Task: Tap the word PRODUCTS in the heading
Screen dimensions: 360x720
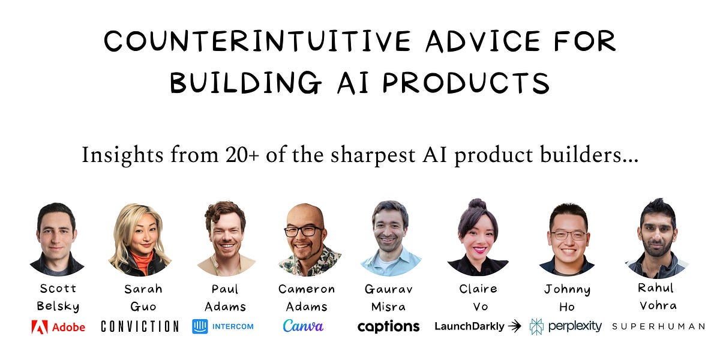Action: pyautogui.click(x=466, y=82)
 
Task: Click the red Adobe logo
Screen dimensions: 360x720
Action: pyautogui.click(x=58, y=327)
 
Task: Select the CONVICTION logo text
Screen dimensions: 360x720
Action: pyautogui.click(x=140, y=326)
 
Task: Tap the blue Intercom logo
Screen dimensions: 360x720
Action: pyautogui.click(x=223, y=326)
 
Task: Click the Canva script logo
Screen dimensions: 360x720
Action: pyautogui.click(x=303, y=326)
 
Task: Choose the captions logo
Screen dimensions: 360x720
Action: pyautogui.click(x=388, y=326)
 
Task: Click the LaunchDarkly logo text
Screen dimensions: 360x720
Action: pyautogui.click(x=469, y=326)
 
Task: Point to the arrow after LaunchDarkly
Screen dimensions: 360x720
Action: pyautogui.click(x=514, y=326)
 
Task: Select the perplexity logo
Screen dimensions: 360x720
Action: pyautogui.click(x=566, y=326)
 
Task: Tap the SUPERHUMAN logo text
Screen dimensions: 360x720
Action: pyautogui.click(x=658, y=326)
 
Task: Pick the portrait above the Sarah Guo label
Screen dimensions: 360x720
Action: pyautogui.click(x=139, y=239)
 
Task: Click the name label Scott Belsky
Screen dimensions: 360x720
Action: pyautogui.click(x=58, y=297)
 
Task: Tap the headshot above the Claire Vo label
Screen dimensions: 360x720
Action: pyautogui.click(x=478, y=238)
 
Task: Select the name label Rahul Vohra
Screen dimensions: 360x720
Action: pyautogui.click(x=657, y=296)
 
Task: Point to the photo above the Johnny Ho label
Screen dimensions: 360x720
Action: pyautogui.click(x=567, y=239)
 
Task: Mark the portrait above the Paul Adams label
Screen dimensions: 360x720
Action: pyautogui.click(x=225, y=238)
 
